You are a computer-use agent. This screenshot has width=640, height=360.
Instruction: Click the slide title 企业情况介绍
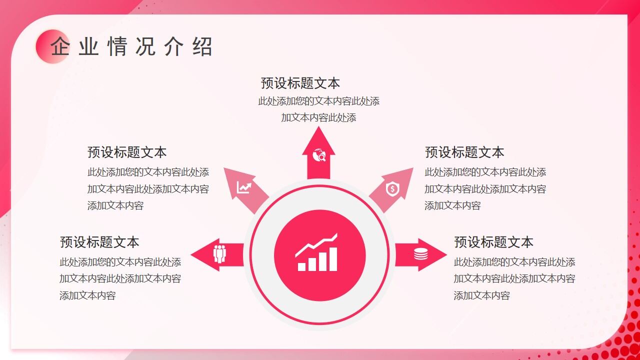pyautogui.click(x=131, y=47)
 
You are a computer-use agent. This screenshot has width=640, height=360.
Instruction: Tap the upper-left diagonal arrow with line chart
pyautogui.click(x=245, y=188)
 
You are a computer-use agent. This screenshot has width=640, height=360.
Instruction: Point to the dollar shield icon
pyautogui.click(x=392, y=189)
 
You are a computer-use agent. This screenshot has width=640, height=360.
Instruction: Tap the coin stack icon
pyautogui.click(x=420, y=254)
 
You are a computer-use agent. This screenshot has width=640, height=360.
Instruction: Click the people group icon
pyautogui.click(x=219, y=254)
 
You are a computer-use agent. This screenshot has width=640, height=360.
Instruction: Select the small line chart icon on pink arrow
pyautogui.click(x=244, y=187)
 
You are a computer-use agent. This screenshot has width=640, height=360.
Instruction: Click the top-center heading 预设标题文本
pyautogui.click(x=300, y=83)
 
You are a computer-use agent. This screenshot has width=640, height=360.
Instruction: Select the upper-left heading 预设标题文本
pyautogui.click(x=127, y=152)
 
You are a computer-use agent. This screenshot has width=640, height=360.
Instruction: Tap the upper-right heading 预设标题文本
pyautogui.click(x=464, y=152)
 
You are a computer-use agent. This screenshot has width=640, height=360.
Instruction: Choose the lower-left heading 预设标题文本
pyautogui.click(x=99, y=242)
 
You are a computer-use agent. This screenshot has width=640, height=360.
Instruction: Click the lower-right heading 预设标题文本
pyautogui.click(x=493, y=242)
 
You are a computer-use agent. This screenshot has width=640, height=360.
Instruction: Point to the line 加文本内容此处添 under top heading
pyautogui.click(x=318, y=118)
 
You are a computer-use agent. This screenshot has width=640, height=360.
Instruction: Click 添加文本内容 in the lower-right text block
pyautogui.click(x=482, y=295)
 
